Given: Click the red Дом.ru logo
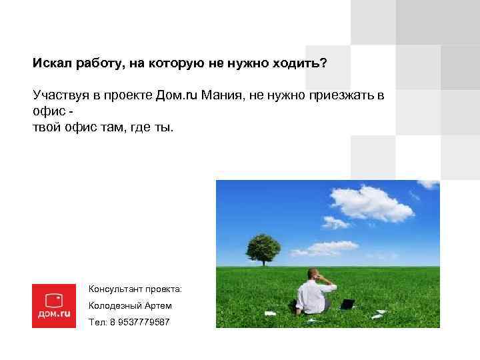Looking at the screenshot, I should click(x=54, y=305).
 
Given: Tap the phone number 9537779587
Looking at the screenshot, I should click(x=142, y=322).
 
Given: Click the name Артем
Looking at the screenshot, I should click(x=159, y=305).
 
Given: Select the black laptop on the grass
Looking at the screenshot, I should click(x=347, y=304).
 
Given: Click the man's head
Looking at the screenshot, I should click(x=313, y=274).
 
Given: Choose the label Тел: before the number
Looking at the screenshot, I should click(x=97, y=322).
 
